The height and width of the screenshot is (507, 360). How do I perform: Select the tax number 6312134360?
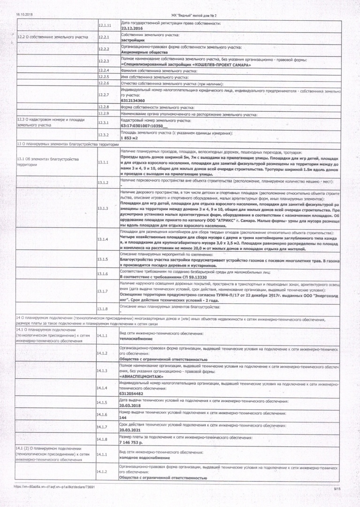coord(133,100)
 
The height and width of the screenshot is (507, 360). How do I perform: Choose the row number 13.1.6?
coord(103,274)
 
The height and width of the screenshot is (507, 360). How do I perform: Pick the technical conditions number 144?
coord(123,417)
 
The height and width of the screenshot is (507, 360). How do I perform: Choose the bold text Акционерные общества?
coord(141,52)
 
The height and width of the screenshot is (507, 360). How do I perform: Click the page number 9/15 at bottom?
coord(337,489)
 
